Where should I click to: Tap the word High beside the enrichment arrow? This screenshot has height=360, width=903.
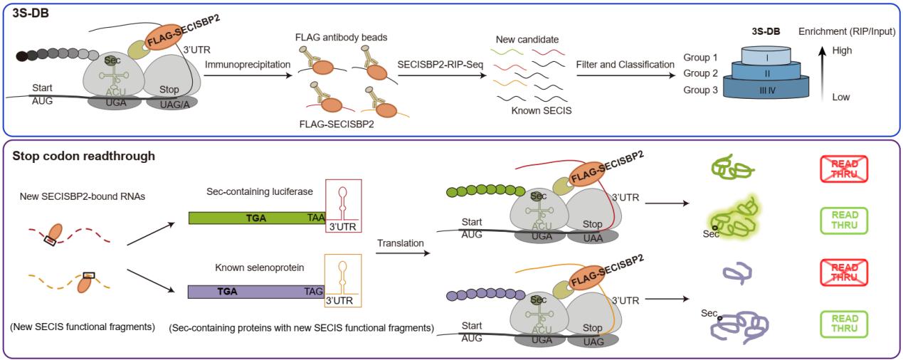point(842,51)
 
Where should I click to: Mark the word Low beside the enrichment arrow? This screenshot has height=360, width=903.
point(841,97)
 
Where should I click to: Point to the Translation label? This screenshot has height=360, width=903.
point(401,243)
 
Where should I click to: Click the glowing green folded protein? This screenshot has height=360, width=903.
point(732,219)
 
